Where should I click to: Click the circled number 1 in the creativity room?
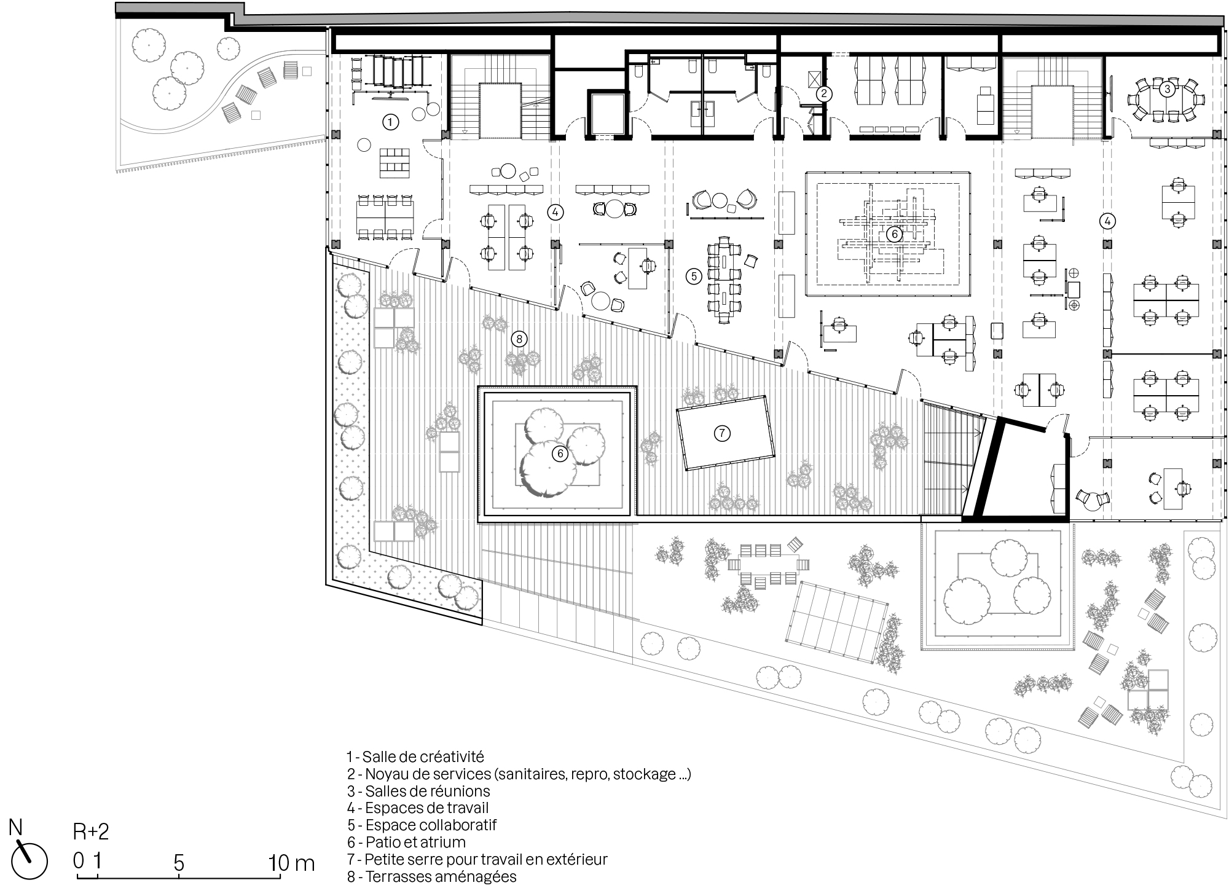coord(390,122)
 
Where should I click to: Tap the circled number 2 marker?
coord(824,94)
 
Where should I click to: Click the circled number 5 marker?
coord(694,277)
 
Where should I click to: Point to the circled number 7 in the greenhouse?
coord(722,433)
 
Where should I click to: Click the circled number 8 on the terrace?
coord(519,339)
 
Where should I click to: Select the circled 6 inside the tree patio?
coord(559,454)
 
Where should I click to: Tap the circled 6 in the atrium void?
coord(893,234)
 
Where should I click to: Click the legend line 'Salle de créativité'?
coord(415,756)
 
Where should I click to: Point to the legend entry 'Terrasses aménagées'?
coord(431,876)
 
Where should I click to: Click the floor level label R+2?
coord(91,832)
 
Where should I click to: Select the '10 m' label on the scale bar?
coord(291,863)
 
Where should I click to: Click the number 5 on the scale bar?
coord(179,863)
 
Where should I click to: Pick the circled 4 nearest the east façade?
coord(1107,221)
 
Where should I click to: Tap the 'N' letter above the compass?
coord(15,828)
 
